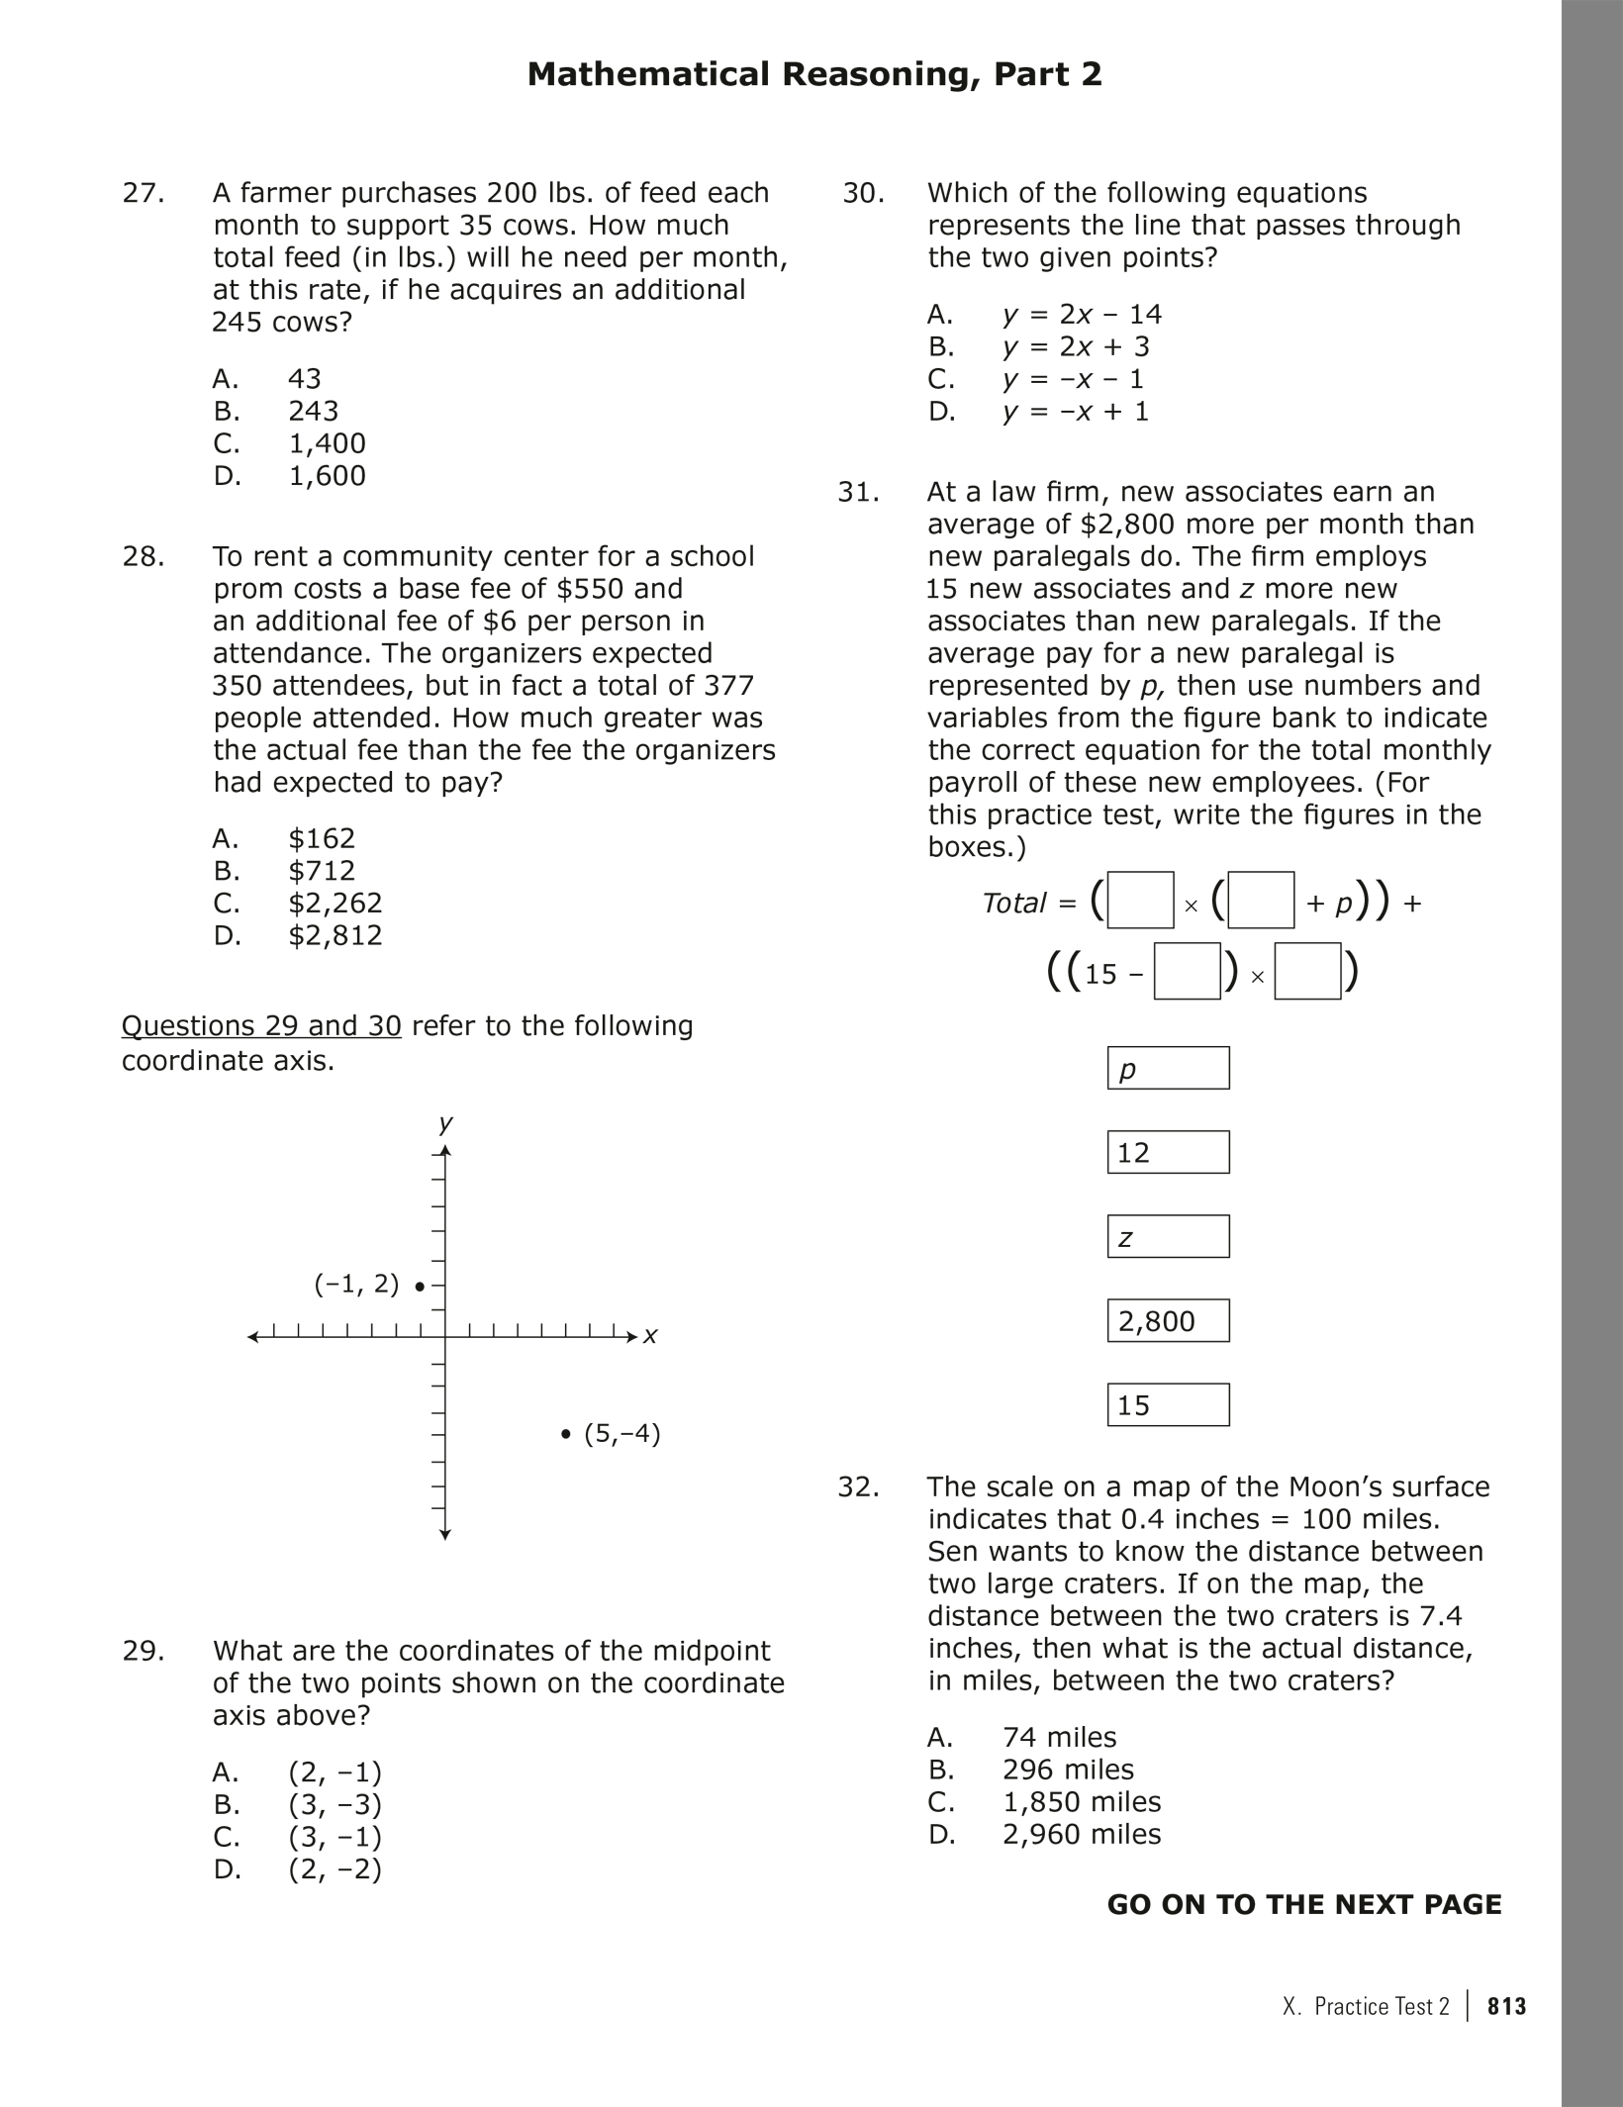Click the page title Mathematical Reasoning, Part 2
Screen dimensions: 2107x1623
pos(813,74)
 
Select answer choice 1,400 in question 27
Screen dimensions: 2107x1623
pos(327,443)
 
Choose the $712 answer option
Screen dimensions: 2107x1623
pos(322,871)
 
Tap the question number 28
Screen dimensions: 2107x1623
pos(143,557)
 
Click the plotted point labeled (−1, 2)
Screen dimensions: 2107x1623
pos(421,1287)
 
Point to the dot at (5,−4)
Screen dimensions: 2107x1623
pos(565,1434)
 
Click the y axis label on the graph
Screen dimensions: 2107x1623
pos(445,1122)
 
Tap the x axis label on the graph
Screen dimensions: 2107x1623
pos(650,1336)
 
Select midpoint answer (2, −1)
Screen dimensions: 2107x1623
pos(334,1772)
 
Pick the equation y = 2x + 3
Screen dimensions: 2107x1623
pos(1076,347)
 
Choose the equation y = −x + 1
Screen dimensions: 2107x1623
pos(1076,412)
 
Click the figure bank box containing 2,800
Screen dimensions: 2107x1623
pos(1168,1321)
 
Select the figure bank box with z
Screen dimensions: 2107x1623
pos(1168,1237)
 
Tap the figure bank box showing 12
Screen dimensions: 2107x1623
pos(1168,1153)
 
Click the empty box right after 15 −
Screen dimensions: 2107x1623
pos(1187,973)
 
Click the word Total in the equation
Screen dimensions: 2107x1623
pos(1014,903)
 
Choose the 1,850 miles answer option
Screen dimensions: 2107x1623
pos(1082,1802)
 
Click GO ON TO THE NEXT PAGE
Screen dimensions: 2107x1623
pos(1303,1905)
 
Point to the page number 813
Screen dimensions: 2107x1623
pos(1506,2006)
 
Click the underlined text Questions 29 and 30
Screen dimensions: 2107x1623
pos(261,1026)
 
